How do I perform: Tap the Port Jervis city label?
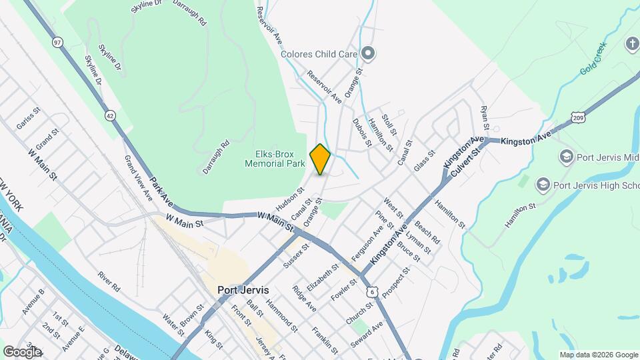(243, 291)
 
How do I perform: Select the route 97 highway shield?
(58, 42)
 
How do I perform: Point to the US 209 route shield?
(578, 118)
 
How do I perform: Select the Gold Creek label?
(594, 64)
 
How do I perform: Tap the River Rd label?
(108, 281)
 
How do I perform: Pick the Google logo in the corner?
(21, 351)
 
